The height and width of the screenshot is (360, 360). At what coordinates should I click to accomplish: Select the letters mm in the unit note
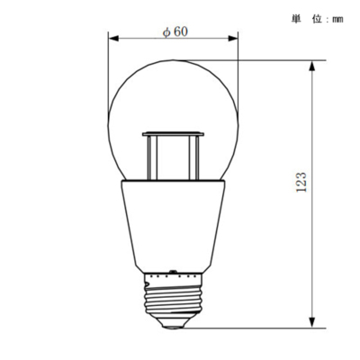pyautogui.click(x=337, y=18)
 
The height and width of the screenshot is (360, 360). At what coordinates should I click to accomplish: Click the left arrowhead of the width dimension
pyautogui.click(x=112, y=38)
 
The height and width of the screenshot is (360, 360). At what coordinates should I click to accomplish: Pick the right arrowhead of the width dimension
pyautogui.click(x=235, y=38)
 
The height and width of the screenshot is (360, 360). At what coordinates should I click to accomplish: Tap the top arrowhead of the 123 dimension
pyautogui.click(x=312, y=65)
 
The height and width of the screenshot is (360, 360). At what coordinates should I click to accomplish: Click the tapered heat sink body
pyautogui.click(x=173, y=225)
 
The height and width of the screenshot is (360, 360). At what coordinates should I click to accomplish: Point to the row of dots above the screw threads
pyautogui.click(x=173, y=271)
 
